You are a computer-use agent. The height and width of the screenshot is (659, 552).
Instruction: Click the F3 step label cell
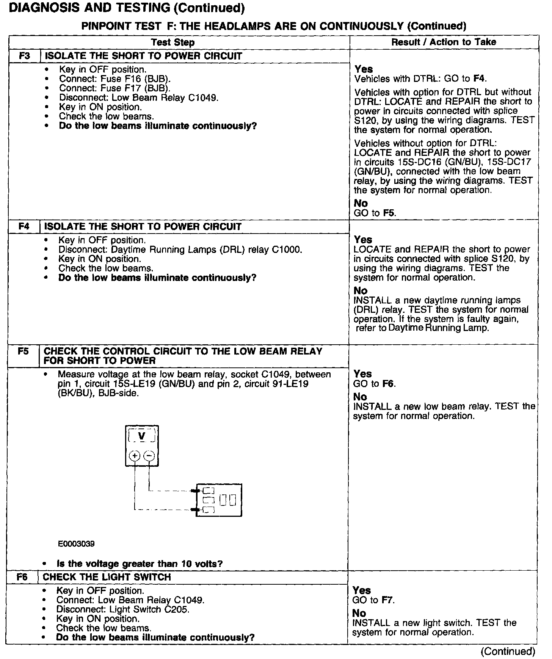tap(24, 56)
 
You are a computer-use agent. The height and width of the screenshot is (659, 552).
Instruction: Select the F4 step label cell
tap(24, 227)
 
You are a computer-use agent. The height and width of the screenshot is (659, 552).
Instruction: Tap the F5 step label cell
tap(23, 351)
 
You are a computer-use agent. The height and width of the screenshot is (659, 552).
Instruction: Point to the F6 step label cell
tap(22, 577)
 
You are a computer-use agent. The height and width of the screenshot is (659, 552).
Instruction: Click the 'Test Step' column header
tap(173, 42)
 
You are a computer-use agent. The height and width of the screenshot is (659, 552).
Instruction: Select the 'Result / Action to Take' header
tap(444, 42)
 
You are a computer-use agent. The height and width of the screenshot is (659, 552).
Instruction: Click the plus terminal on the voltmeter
tap(135, 455)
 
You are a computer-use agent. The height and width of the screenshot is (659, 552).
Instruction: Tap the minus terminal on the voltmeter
tap(150, 455)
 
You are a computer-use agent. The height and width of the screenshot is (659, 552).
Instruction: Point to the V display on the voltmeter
tap(142, 436)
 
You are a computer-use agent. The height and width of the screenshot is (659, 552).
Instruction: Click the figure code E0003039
tap(76, 544)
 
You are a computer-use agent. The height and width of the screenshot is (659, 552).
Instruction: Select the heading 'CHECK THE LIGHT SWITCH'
tap(107, 577)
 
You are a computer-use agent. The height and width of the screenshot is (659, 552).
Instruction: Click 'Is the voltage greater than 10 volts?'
tap(140, 564)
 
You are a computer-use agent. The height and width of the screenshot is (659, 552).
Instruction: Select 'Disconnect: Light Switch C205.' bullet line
tap(123, 609)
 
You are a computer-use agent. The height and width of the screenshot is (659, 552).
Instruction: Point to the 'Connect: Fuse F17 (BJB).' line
tap(114, 88)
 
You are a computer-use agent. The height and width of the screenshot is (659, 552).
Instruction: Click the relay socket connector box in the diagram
tap(219, 501)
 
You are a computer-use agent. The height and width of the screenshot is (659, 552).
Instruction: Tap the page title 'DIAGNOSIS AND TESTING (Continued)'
tap(126, 8)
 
